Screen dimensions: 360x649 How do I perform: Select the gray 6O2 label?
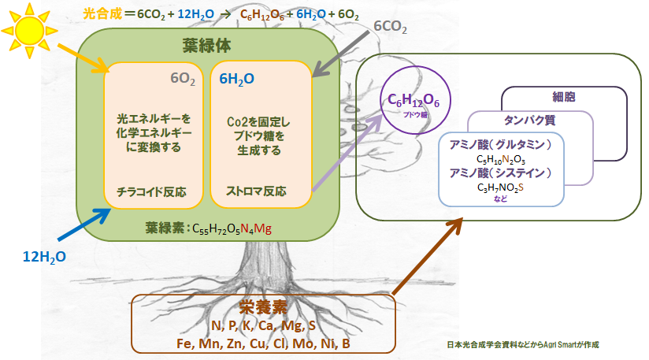click(184, 78)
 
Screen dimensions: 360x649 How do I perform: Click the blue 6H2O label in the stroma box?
click(236, 78)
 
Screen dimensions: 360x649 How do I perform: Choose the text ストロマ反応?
click(256, 191)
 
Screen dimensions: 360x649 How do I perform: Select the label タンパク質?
click(531, 121)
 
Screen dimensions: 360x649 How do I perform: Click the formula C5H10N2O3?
click(501, 160)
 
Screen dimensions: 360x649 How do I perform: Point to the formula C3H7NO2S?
click(501, 187)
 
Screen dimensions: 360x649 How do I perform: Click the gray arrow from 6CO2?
click(339, 54)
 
